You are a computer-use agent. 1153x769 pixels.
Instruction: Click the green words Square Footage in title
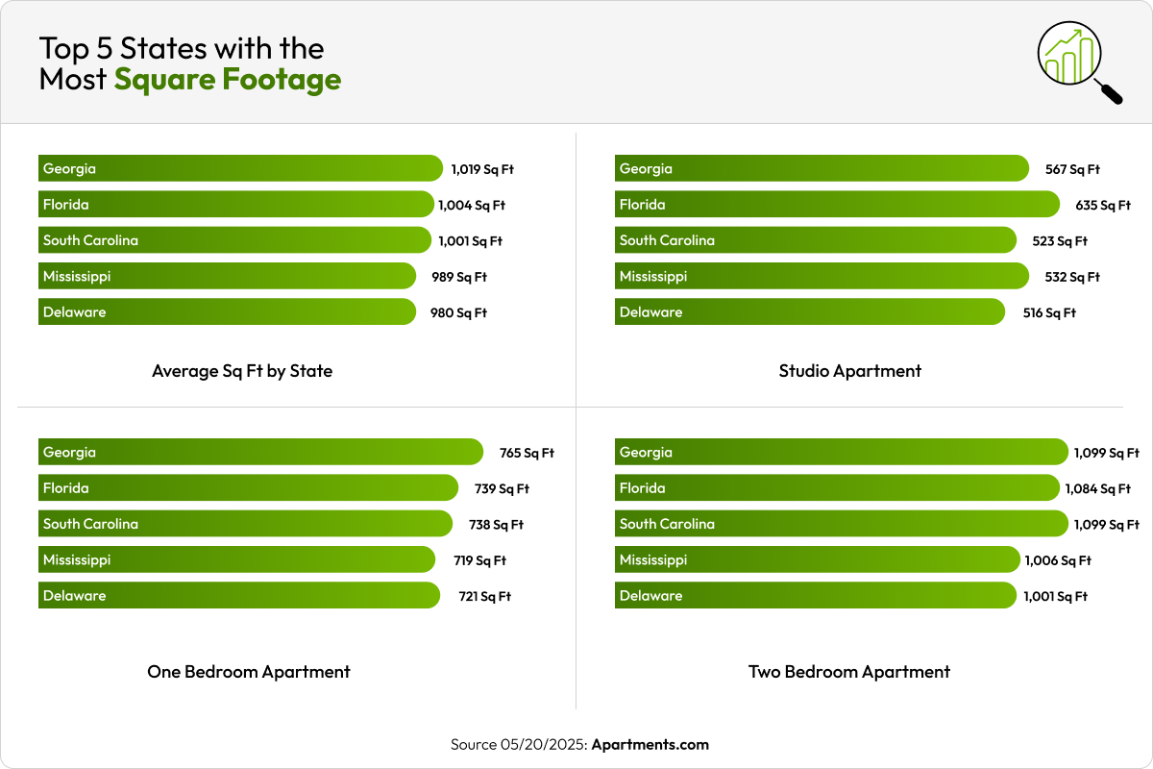[228, 79]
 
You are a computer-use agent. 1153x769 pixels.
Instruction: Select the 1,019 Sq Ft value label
[482, 169]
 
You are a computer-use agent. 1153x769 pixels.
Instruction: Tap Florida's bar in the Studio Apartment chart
[836, 205]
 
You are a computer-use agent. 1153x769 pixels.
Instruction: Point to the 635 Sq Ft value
[1103, 206]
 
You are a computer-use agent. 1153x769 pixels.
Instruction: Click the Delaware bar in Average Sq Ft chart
[227, 312]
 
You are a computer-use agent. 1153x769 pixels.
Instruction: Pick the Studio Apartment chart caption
[849, 371]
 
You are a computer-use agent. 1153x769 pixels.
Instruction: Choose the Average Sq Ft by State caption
[242, 371]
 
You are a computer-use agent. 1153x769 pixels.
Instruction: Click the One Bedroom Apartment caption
[248, 672]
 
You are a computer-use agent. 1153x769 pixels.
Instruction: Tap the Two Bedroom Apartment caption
[849, 672]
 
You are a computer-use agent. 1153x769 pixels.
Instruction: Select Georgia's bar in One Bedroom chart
[260, 453]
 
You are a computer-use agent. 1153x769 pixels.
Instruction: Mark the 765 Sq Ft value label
[527, 454]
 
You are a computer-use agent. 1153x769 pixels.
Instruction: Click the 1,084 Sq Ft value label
[1097, 489]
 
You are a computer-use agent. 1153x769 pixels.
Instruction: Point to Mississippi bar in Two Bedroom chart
[817, 560]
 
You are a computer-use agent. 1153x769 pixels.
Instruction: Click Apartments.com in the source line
[650, 745]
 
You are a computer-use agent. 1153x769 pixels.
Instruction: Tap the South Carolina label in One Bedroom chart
[90, 525]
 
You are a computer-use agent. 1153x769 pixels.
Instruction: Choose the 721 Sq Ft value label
[484, 597]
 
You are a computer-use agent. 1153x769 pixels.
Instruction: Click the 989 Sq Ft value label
[459, 278]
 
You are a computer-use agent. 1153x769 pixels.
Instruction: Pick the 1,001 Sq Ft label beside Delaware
[1056, 597]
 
